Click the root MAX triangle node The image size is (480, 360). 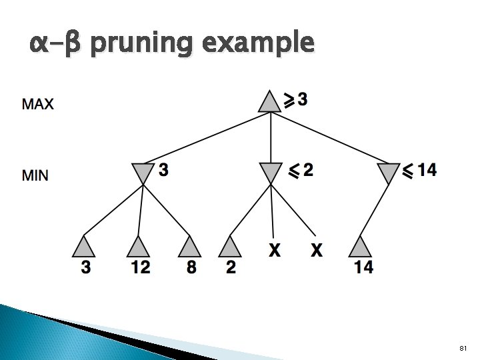pos(270,103)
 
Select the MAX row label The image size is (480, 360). pos(38,104)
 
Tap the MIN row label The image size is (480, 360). pos(35,176)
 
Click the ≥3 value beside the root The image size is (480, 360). pos(296,100)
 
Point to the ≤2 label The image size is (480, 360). pos(300,171)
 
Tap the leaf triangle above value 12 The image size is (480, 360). pos(138,247)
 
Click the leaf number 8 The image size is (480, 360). pos(192,267)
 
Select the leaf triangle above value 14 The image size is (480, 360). pos(360,247)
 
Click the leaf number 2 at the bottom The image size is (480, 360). pos(231,267)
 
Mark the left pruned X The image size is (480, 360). pos(274,251)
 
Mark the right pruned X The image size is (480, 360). pos(317,251)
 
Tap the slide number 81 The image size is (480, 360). pos(464,349)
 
